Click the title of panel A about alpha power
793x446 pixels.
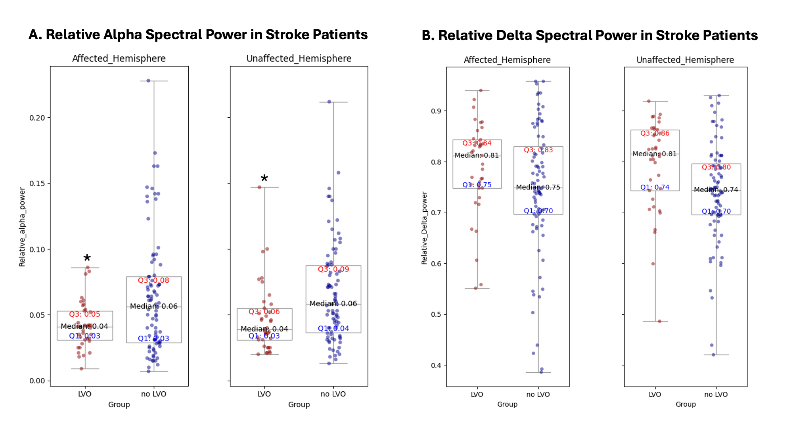pos(198,35)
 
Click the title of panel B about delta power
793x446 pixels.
pos(590,36)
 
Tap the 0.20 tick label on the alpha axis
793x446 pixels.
pos(37,118)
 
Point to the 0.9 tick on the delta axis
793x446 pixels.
pos(436,111)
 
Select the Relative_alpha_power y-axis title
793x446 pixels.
pos(22,227)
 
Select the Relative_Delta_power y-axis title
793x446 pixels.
pos(424,228)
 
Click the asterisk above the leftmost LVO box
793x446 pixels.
pos(87,258)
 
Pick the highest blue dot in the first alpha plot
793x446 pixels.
pos(148,80)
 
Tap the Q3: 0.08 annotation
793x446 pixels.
pos(153,280)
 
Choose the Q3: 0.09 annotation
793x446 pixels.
pos(333,269)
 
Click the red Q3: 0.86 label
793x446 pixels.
pos(655,133)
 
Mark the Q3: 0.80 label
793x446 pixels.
pos(716,167)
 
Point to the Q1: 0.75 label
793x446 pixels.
pos(477,185)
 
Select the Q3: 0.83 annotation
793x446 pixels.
pos(538,150)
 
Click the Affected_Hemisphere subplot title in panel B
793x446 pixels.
pos(507,60)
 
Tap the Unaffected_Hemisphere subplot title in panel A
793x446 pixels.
pos(299,59)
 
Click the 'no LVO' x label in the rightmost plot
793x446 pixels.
pos(716,394)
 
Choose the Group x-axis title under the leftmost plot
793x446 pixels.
pos(119,404)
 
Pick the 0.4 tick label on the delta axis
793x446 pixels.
pos(436,365)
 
